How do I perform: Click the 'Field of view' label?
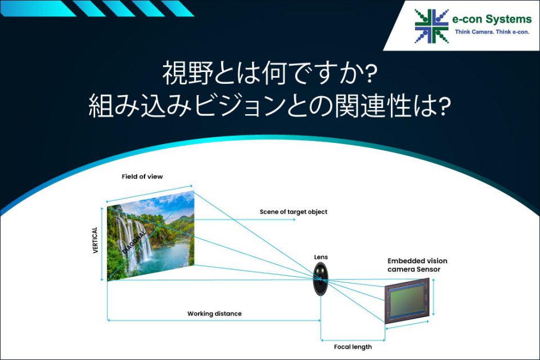[x=142, y=177]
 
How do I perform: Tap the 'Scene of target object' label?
[x=294, y=212]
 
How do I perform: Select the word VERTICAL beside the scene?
[x=96, y=240]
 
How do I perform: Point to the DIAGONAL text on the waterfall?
[x=134, y=242]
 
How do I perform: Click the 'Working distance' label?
[x=214, y=313]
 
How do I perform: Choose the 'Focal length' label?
[x=353, y=346]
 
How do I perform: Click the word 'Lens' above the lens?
[x=321, y=257]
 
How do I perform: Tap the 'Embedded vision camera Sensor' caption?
[x=417, y=265]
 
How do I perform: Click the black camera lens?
[x=321, y=279]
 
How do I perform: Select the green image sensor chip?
[x=407, y=301]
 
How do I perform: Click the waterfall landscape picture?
[x=151, y=236]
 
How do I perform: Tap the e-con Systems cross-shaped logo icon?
[x=432, y=26]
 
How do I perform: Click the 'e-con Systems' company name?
[x=492, y=19]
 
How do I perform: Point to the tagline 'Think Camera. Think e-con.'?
[x=492, y=32]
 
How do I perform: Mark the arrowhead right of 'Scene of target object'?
[x=294, y=219]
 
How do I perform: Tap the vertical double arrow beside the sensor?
[x=433, y=298]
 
